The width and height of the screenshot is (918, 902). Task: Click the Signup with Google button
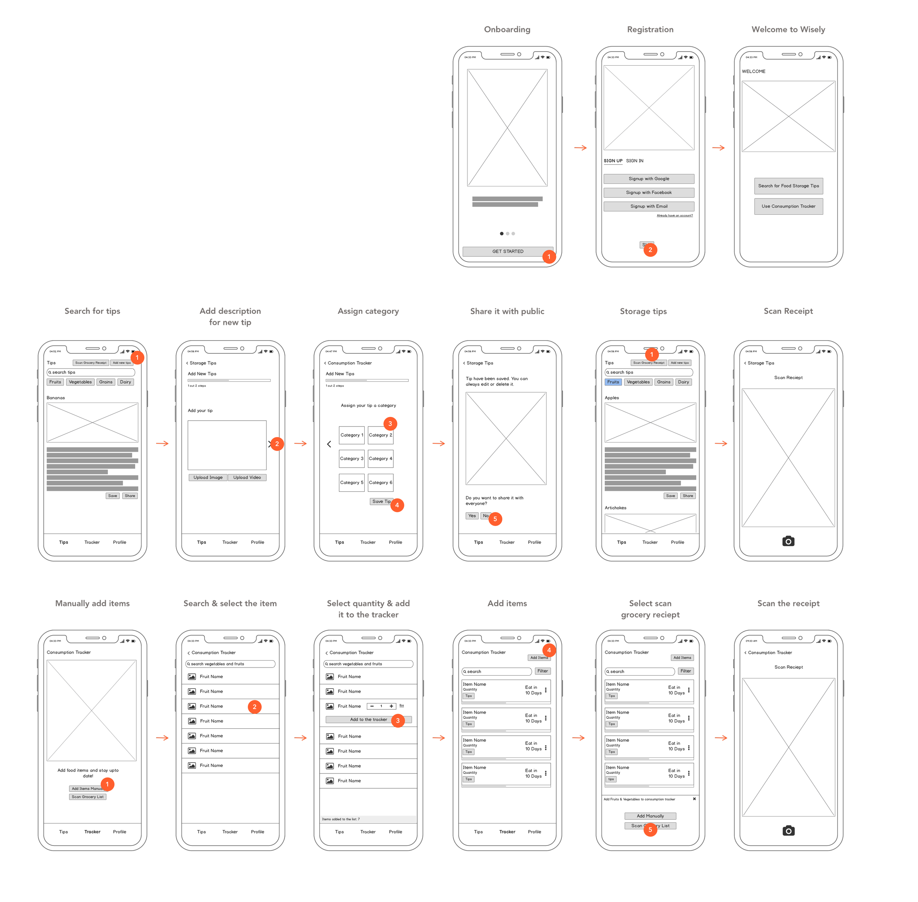tap(648, 179)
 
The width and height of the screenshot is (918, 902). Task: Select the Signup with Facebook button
tap(648, 192)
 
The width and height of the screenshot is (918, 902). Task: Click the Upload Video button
tap(247, 477)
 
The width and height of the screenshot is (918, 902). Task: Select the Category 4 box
tap(380, 459)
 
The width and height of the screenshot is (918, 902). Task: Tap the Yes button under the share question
tap(471, 516)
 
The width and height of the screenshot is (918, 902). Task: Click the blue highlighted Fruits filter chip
tap(613, 382)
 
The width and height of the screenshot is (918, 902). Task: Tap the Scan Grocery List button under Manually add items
tap(88, 797)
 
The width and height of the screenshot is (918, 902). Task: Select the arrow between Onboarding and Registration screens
tap(580, 148)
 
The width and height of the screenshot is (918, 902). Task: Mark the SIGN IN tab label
tap(635, 161)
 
